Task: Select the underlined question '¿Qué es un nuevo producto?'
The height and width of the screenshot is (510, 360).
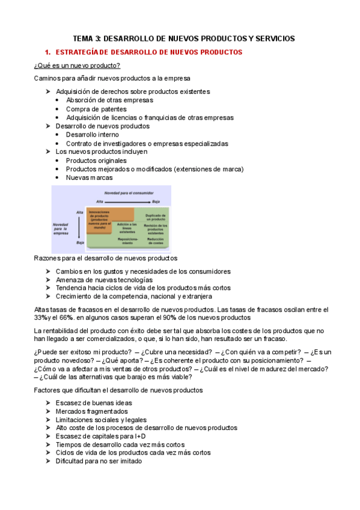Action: tap(77, 66)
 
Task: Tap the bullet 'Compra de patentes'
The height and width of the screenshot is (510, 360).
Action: tap(96, 109)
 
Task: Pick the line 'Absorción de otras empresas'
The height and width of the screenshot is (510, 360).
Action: tap(109, 100)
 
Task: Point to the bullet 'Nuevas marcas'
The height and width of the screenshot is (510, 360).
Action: tap(89, 177)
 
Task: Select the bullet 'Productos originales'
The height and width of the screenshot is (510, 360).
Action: tap(96, 161)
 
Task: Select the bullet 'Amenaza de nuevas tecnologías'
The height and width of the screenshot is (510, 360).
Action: tap(104, 280)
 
